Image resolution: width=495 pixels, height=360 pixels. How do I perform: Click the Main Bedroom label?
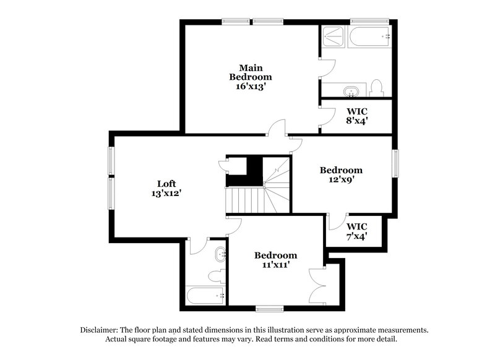tap(250, 72)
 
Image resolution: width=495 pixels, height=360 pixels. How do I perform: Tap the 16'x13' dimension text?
tap(250, 87)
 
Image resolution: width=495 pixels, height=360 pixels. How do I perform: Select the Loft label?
tap(166, 183)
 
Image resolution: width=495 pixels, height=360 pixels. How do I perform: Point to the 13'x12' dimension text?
tap(166, 193)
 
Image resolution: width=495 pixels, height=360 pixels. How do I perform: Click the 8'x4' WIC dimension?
tap(356, 121)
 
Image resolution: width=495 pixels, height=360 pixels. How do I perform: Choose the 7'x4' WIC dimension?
tap(357, 236)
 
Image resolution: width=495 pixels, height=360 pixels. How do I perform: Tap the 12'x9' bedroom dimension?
tap(341, 180)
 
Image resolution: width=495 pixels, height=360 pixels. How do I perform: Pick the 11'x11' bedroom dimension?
tap(275, 265)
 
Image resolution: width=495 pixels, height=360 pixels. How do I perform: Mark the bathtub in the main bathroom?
tap(370, 37)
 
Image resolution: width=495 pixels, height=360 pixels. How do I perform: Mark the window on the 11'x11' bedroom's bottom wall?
tap(269, 307)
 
